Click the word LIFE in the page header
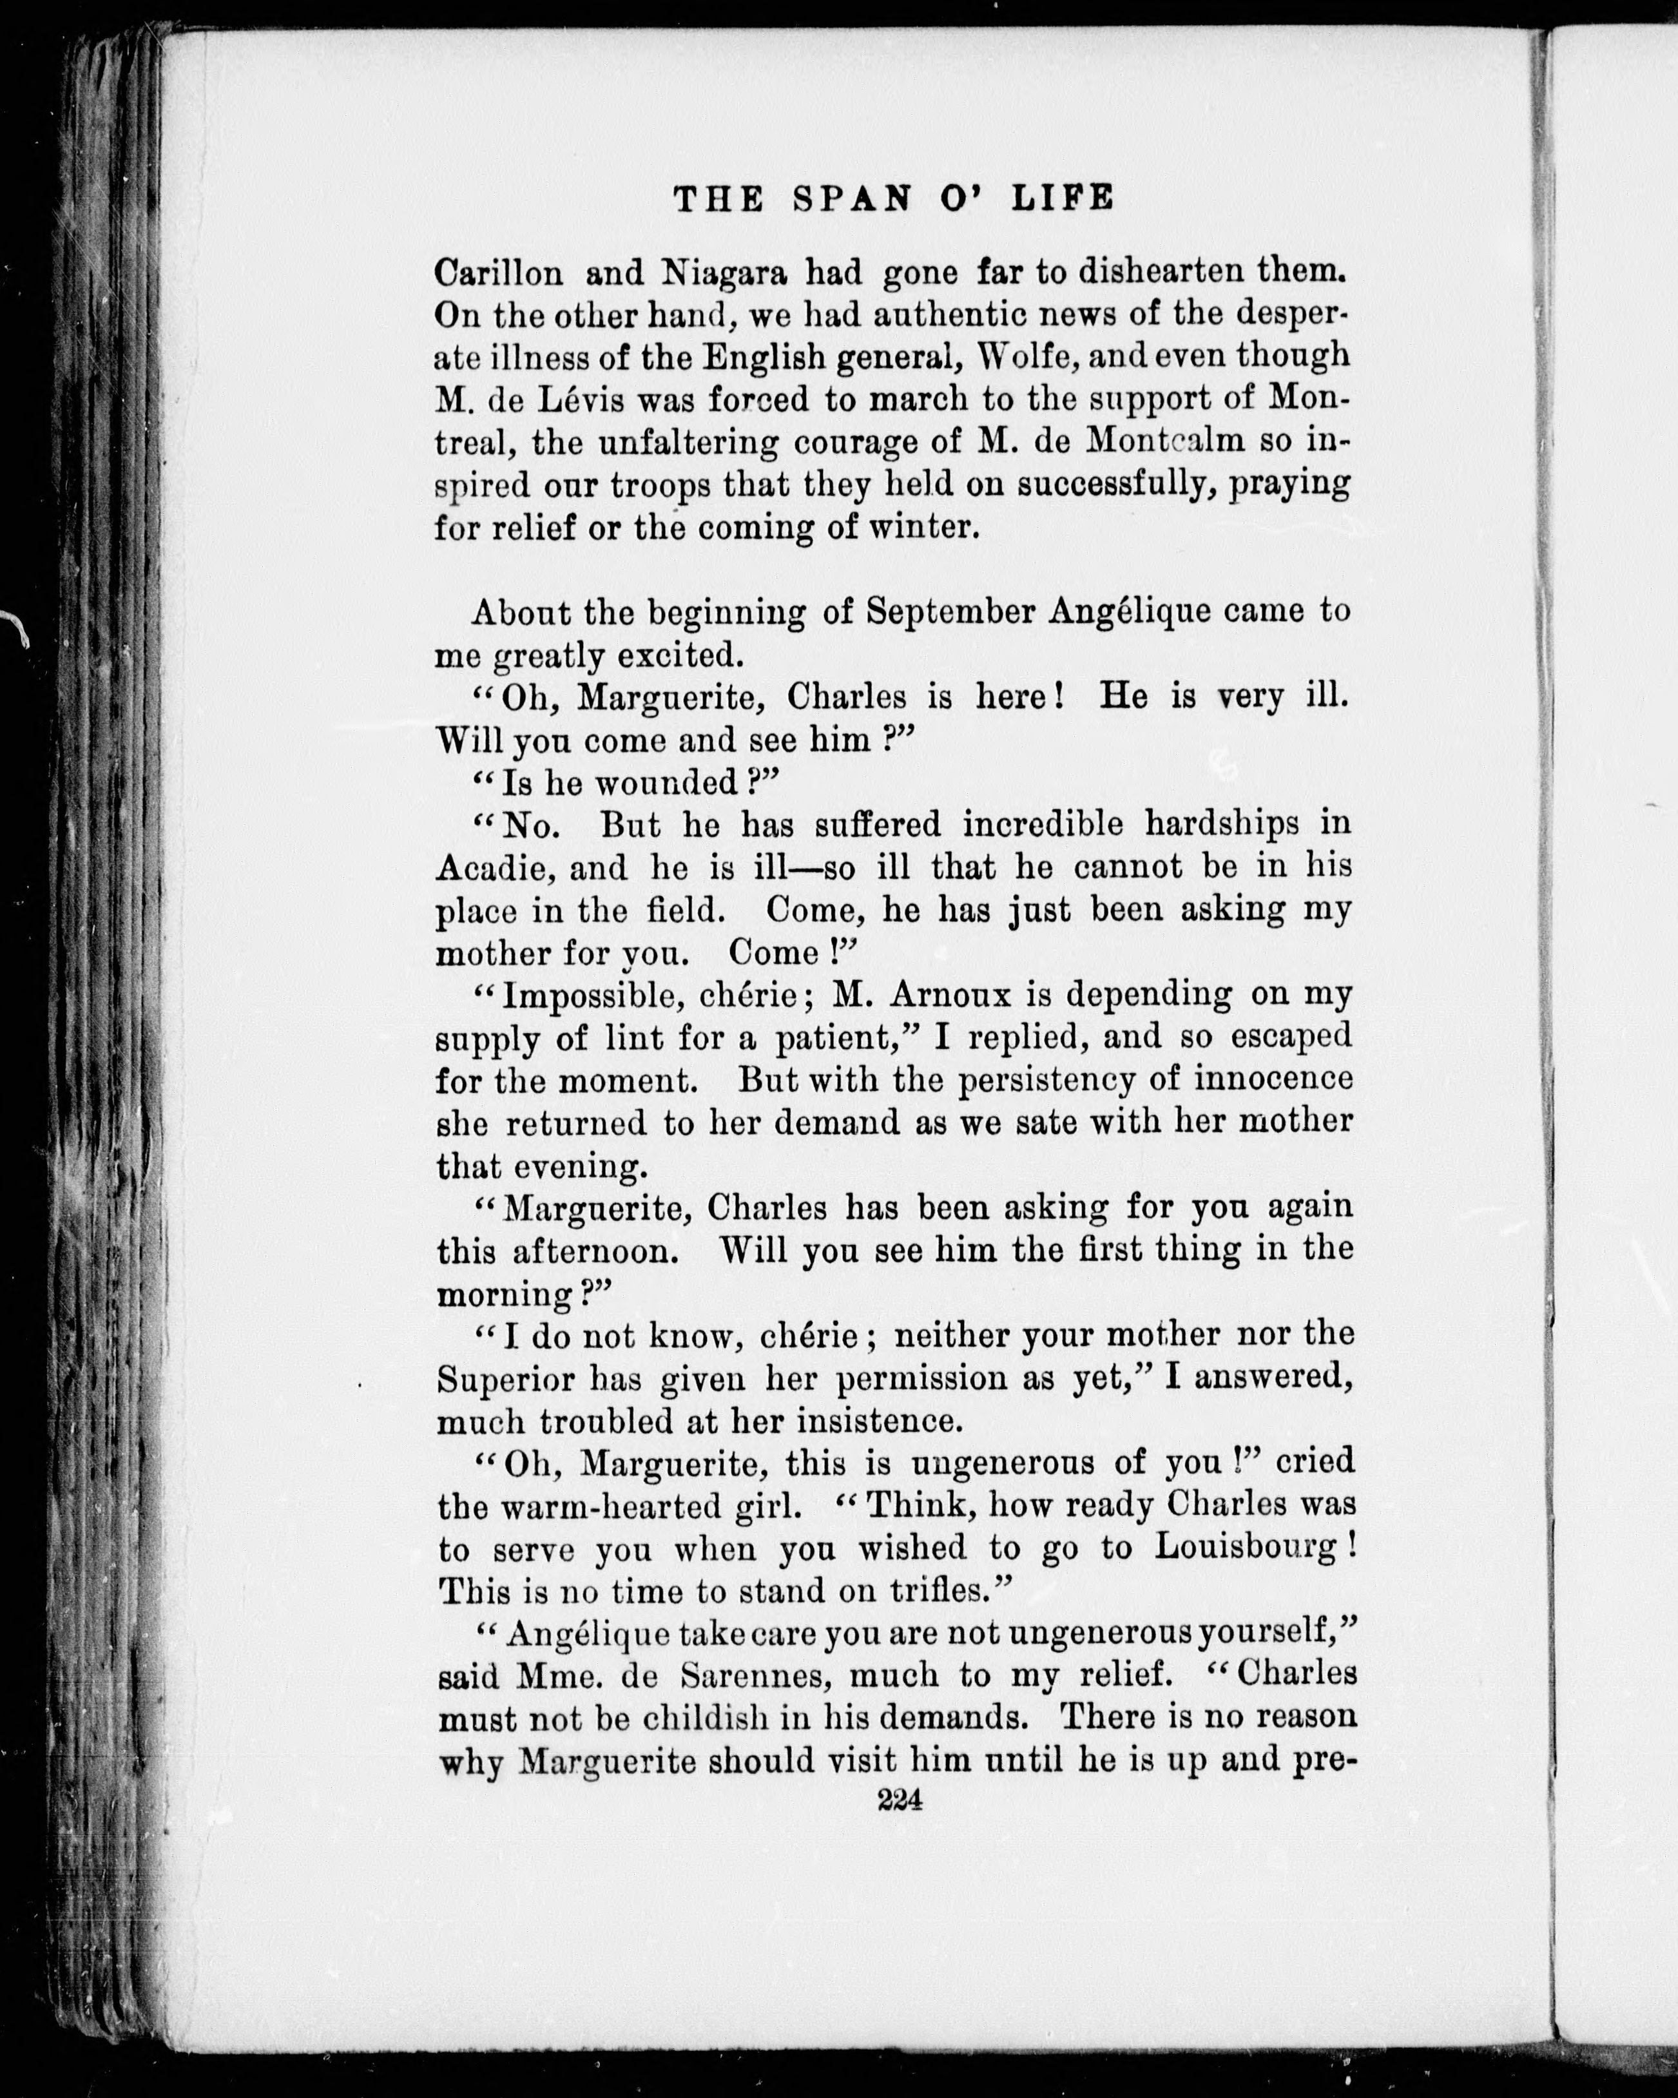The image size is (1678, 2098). (x=1063, y=198)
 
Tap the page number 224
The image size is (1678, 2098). (x=900, y=1800)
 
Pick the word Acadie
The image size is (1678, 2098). (x=492, y=868)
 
